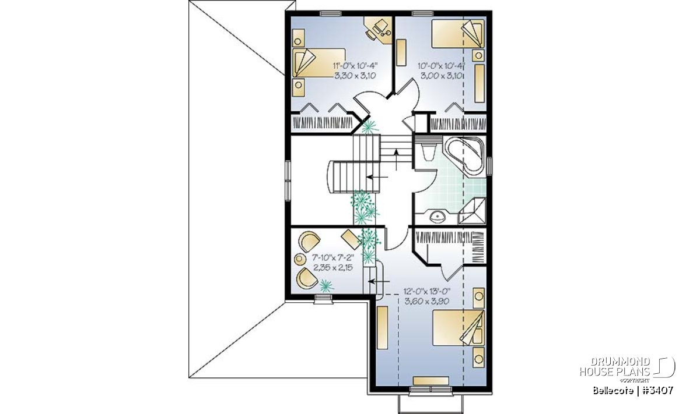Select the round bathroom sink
(437, 217)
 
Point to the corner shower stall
(472, 211)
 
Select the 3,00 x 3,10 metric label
(441, 76)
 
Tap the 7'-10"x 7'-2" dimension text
(333, 258)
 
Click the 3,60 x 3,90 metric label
(427, 302)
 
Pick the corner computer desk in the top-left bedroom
(378, 30)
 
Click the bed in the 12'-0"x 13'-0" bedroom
(459, 328)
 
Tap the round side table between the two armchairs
(300, 259)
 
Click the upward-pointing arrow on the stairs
(396, 160)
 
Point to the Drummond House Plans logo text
(615, 367)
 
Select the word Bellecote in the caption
(613, 390)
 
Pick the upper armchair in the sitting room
(309, 241)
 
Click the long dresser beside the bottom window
(431, 381)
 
